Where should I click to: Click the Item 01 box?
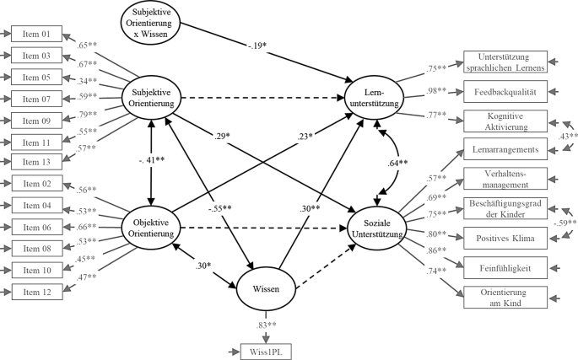click(x=35, y=35)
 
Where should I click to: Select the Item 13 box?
click(x=35, y=159)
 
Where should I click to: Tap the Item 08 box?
click(x=35, y=249)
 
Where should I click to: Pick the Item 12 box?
click(x=35, y=291)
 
